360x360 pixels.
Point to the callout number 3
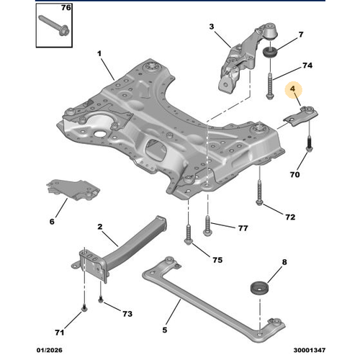click(212, 27)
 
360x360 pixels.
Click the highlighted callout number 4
click(293, 90)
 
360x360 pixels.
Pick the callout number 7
click(282, 35)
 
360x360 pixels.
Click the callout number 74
click(307, 66)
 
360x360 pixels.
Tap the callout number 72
click(290, 217)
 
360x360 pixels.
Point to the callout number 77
click(243, 229)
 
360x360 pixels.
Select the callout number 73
click(127, 315)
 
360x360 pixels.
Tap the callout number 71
click(60, 333)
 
